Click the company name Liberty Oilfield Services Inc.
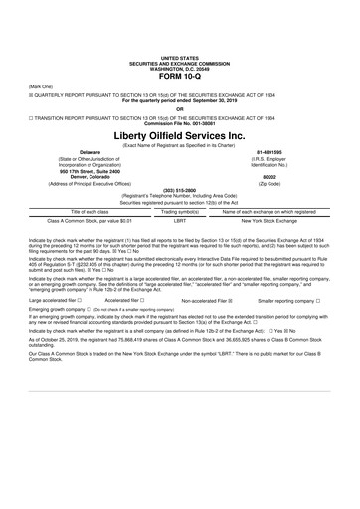pos(179,132)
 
